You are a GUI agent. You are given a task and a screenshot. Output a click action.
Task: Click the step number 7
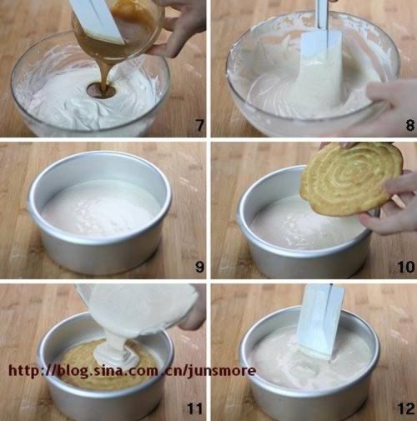pyautogui.click(x=200, y=125)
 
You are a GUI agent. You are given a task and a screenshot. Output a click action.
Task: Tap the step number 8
pyautogui.click(x=410, y=125)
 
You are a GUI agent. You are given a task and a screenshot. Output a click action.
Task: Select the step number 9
pyautogui.click(x=199, y=267)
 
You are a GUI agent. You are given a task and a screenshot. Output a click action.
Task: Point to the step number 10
pyautogui.click(x=406, y=267)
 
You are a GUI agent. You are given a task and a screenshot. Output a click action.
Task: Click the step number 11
pyautogui.click(x=195, y=408)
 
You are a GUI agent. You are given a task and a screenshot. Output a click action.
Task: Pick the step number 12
pyautogui.click(x=406, y=408)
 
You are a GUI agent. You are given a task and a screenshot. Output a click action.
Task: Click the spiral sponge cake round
pyautogui.click(x=352, y=178)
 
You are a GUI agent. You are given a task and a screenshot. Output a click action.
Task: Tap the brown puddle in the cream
pyautogui.click(x=101, y=91)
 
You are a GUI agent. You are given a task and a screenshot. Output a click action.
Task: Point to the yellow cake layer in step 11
pyautogui.click(x=108, y=367)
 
